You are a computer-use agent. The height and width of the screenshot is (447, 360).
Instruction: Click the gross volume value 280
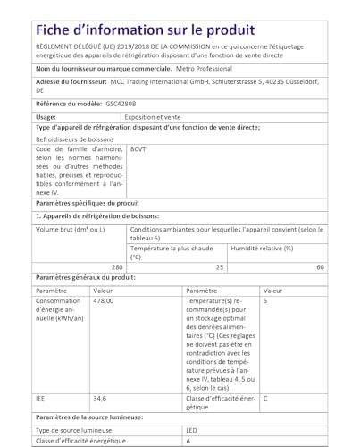(x=116, y=267)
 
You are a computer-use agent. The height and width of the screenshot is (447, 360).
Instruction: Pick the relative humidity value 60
(x=321, y=267)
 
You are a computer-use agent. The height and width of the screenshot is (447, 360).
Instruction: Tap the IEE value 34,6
(x=100, y=398)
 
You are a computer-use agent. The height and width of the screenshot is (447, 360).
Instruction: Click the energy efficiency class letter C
(x=266, y=398)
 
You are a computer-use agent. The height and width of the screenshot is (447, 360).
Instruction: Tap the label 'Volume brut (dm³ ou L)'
(x=71, y=230)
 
